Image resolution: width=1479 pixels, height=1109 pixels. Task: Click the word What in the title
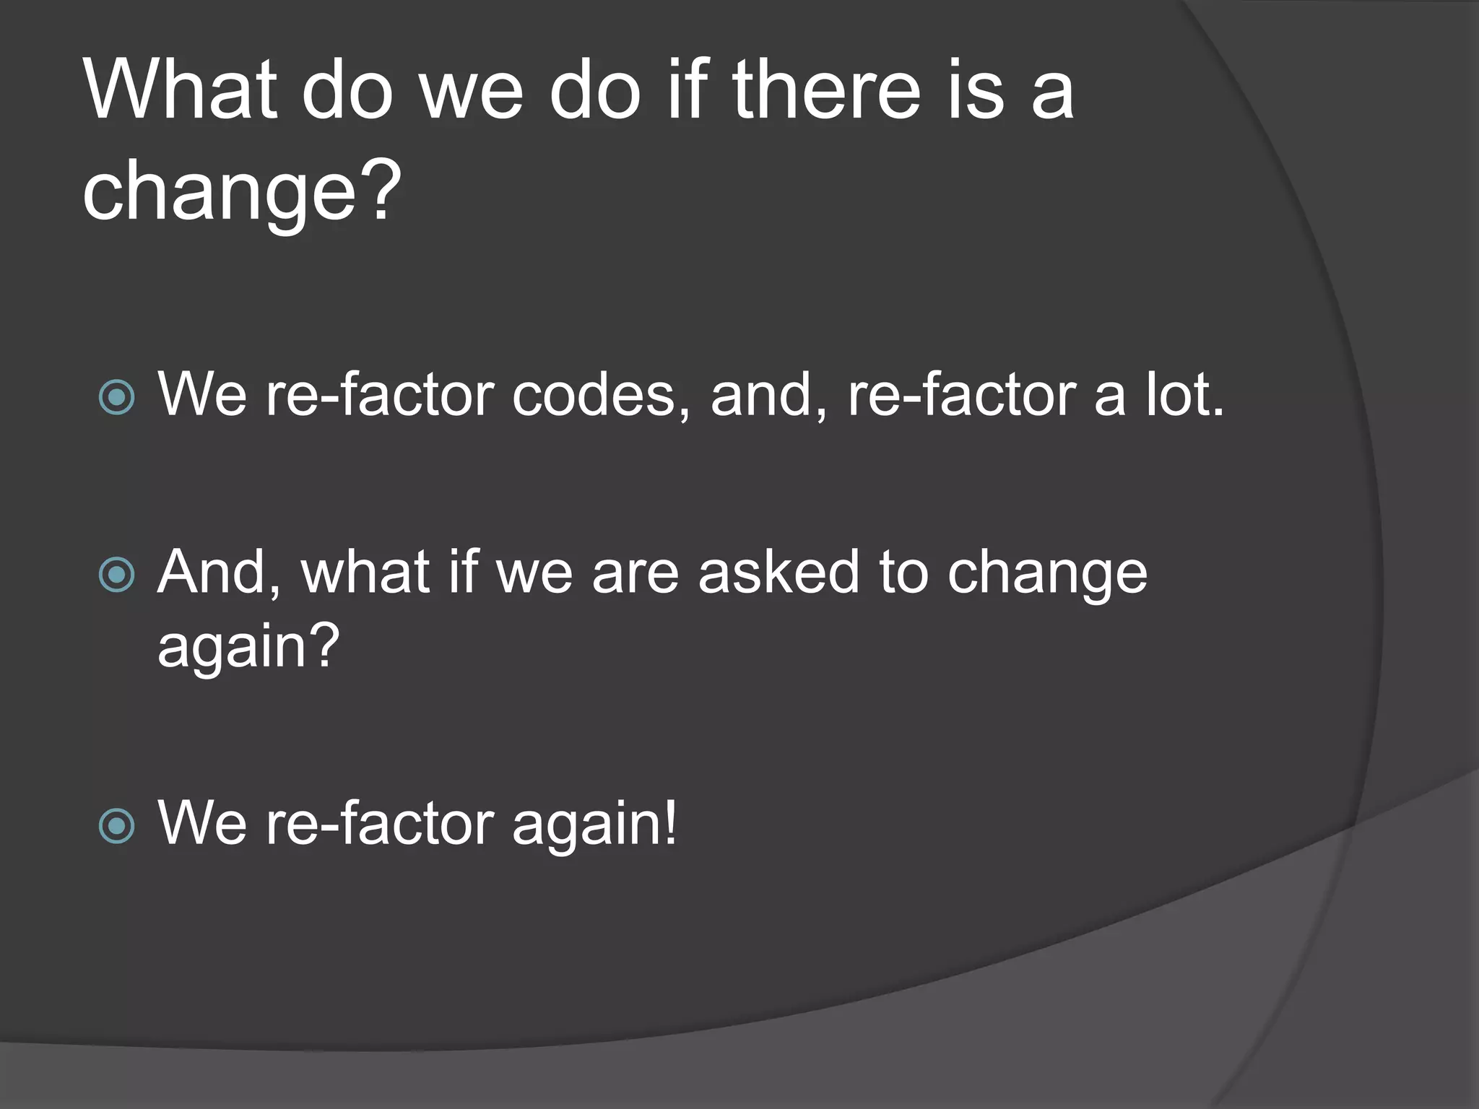point(181,91)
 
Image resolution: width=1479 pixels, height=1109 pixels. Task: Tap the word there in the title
point(826,91)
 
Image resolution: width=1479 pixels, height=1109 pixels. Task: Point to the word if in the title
point(687,91)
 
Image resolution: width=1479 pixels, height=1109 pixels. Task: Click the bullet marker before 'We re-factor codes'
point(116,397)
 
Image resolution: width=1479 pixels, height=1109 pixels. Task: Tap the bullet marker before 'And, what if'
point(116,575)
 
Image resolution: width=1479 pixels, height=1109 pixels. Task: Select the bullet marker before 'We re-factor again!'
point(116,826)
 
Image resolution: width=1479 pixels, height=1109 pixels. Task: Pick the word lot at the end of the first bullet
point(1184,396)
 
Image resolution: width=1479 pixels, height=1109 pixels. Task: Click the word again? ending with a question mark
point(248,647)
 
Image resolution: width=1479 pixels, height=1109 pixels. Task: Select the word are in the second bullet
point(636,573)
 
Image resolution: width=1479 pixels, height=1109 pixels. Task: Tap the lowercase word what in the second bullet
point(365,573)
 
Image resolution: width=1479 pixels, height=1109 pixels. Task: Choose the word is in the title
point(975,91)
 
